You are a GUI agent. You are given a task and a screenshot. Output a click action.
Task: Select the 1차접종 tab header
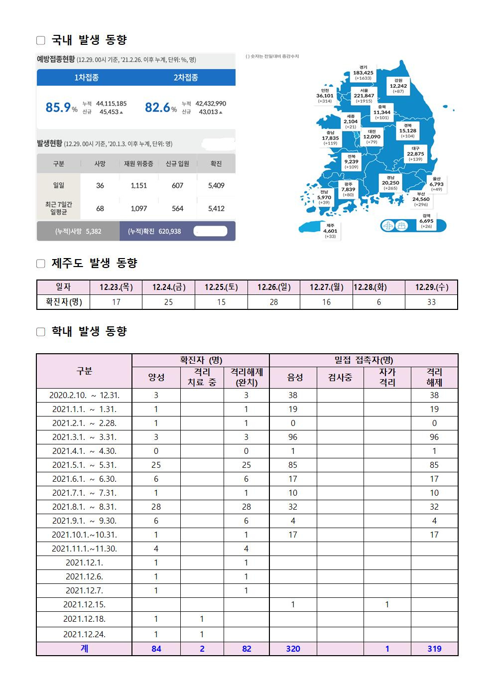coord(86,77)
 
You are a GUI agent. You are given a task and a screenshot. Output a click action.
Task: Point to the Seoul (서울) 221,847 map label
coord(364,95)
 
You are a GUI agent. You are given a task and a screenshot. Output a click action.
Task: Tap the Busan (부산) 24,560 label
coord(421,199)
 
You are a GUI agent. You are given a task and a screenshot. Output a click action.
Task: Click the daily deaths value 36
coord(100,185)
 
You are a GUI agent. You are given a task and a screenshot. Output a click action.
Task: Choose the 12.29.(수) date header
coord(431,287)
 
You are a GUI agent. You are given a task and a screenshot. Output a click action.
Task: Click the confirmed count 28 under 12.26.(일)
coord(274,302)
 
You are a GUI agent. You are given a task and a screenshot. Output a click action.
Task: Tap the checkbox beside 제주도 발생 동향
coord(41,264)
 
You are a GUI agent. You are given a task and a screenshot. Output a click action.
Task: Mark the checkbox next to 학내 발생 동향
coord(41,332)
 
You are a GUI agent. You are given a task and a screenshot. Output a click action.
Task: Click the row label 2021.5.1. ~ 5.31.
coord(84,465)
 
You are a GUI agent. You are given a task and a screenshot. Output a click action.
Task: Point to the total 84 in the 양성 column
coord(156,649)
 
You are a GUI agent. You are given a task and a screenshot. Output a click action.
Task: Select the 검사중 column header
coord(340,377)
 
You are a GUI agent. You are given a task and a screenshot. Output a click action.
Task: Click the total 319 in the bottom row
coord(434,649)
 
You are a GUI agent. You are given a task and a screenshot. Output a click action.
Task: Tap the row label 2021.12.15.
coord(84,604)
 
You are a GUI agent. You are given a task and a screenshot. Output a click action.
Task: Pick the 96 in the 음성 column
coord(293,437)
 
